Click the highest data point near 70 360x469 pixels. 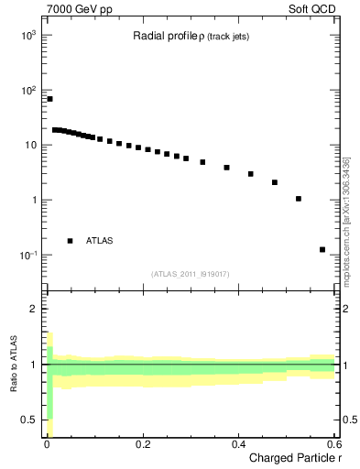[49, 99]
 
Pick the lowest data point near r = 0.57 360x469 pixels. [322, 249]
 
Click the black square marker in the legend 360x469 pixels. [71, 241]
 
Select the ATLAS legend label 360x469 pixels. [100, 241]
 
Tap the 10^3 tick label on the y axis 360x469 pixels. [28, 35]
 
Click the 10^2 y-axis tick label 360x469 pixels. [28, 90]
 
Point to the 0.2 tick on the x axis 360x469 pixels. [142, 446]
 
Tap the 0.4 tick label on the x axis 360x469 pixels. [238, 446]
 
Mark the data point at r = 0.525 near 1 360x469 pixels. [299, 199]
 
